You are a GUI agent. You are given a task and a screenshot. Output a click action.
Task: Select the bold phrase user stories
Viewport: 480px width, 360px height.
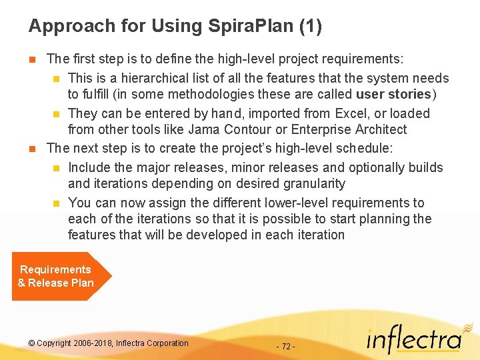[x=394, y=94]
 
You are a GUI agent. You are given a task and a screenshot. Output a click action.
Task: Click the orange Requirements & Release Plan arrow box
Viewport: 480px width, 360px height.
[x=59, y=276]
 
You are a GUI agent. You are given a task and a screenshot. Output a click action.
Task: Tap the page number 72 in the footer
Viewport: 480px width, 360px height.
[x=285, y=347]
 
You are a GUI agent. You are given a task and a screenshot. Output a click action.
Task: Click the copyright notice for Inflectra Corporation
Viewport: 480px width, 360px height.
[x=109, y=343]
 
